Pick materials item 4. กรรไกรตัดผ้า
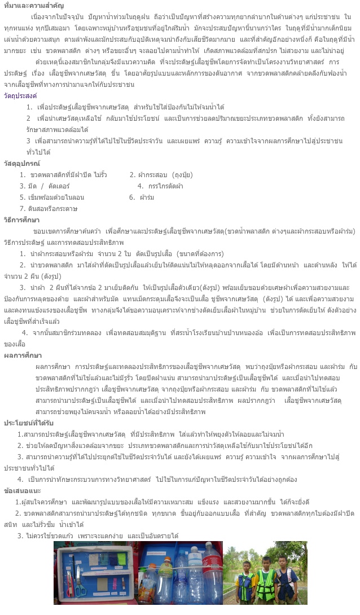[x=160, y=186]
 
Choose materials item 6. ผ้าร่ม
[x=141, y=197]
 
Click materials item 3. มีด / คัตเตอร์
[x=45, y=186]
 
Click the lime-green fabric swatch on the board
[x=121, y=559]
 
